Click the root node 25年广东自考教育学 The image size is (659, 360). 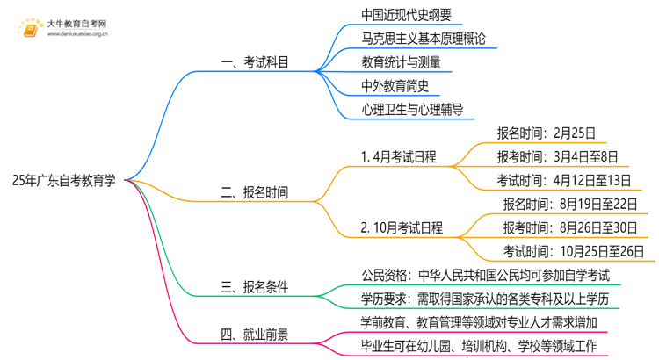tap(64, 181)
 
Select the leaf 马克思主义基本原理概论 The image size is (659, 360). tap(423, 39)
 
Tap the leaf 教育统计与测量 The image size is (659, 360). tap(401, 62)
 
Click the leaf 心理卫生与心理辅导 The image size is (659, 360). tap(412, 110)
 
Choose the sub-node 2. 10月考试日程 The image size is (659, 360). tap(402, 228)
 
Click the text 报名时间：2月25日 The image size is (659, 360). tap(546, 133)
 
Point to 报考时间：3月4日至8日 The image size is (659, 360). tap(561, 157)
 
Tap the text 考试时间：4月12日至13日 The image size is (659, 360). tap(561, 181)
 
